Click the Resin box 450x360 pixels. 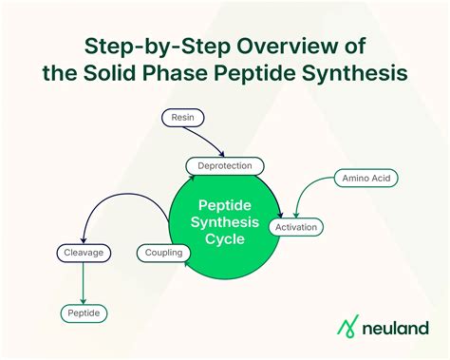click(x=182, y=118)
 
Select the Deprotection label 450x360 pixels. click(x=225, y=166)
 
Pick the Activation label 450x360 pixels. click(x=297, y=227)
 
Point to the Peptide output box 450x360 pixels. click(x=84, y=313)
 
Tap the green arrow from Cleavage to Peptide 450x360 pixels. click(x=84, y=282)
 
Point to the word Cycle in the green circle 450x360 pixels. click(x=224, y=239)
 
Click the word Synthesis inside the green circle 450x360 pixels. click(x=225, y=221)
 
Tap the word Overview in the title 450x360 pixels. click(x=268, y=45)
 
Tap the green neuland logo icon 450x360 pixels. click(x=349, y=327)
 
